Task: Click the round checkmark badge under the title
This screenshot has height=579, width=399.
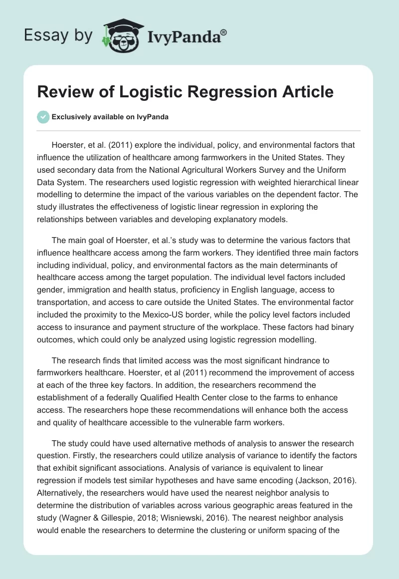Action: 43,117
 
